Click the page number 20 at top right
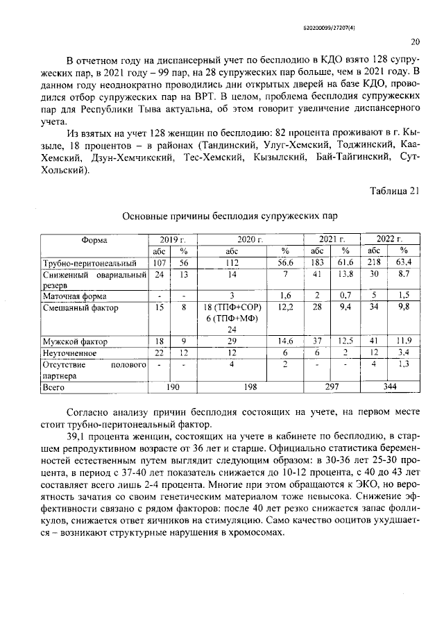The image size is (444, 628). coord(415,41)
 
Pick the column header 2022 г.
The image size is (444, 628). coord(390,239)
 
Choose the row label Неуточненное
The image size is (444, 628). coord(70,353)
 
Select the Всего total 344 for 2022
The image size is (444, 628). coord(389,388)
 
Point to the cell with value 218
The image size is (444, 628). coord(374,264)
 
